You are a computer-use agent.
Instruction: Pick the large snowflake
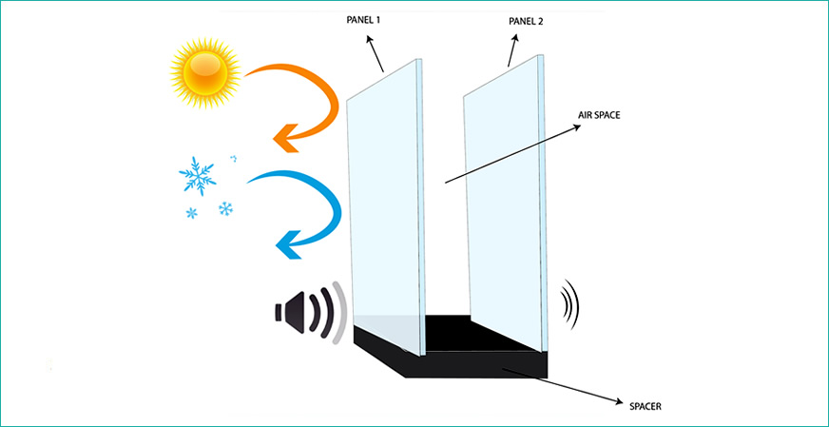pos(199,177)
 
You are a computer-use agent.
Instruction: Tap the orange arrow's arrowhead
pos(283,140)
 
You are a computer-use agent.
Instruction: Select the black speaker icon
pos(292,311)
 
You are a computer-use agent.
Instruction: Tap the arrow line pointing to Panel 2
pos(513,54)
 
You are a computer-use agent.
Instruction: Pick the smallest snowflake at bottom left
pos(192,213)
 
